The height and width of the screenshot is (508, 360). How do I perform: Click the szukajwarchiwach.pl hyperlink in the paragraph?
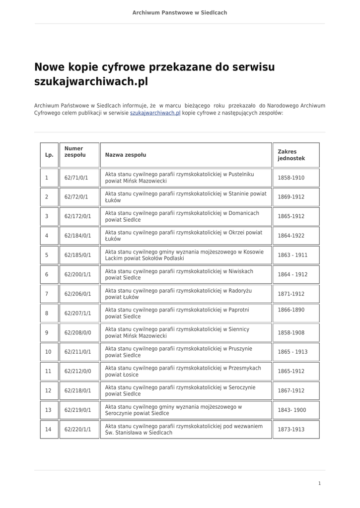click(x=155, y=113)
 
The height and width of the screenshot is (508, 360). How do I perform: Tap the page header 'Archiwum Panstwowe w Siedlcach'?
click(x=180, y=12)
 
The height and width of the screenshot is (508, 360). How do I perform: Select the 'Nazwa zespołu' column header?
click(x=126, y=155)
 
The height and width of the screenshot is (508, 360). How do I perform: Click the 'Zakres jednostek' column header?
click(x=291, y=155)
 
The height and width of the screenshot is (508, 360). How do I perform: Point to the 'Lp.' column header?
click(x=49, y=155)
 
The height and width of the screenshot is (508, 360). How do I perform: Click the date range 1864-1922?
click(x=291, y=236)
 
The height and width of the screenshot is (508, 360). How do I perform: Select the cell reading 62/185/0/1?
click(x=77, y=255)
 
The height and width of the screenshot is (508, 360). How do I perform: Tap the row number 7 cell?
click(x=47, y=294)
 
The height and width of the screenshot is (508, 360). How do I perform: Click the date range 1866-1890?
click(x=291, y=310)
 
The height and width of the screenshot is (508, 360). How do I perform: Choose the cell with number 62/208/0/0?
click(x=77, y=332)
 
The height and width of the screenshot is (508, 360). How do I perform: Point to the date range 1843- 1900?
click(x=292, y=410)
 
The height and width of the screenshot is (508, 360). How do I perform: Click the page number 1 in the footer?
click(x=320, y=483)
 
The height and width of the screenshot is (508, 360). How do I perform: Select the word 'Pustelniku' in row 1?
click(x=241, y=174)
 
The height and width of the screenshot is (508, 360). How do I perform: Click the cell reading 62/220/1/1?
click(x=77, y=430)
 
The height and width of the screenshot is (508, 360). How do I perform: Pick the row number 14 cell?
click(x=48, y=430)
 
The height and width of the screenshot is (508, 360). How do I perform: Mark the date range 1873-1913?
click(x=291, y=430)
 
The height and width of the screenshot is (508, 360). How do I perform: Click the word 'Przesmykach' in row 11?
click(x=245, y=368)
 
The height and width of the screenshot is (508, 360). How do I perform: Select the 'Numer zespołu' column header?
click(x=74, y=151)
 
